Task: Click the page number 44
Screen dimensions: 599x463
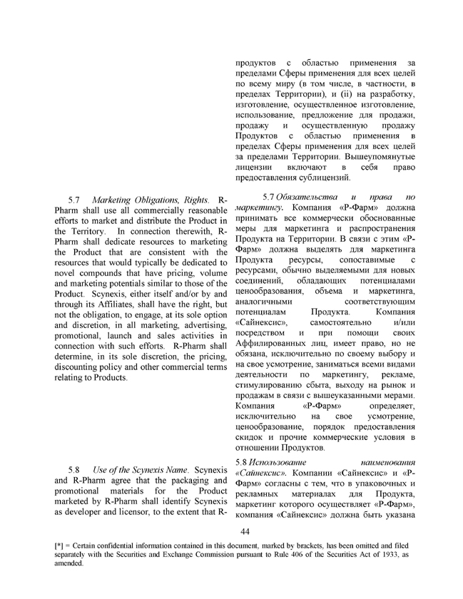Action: point(245,533)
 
